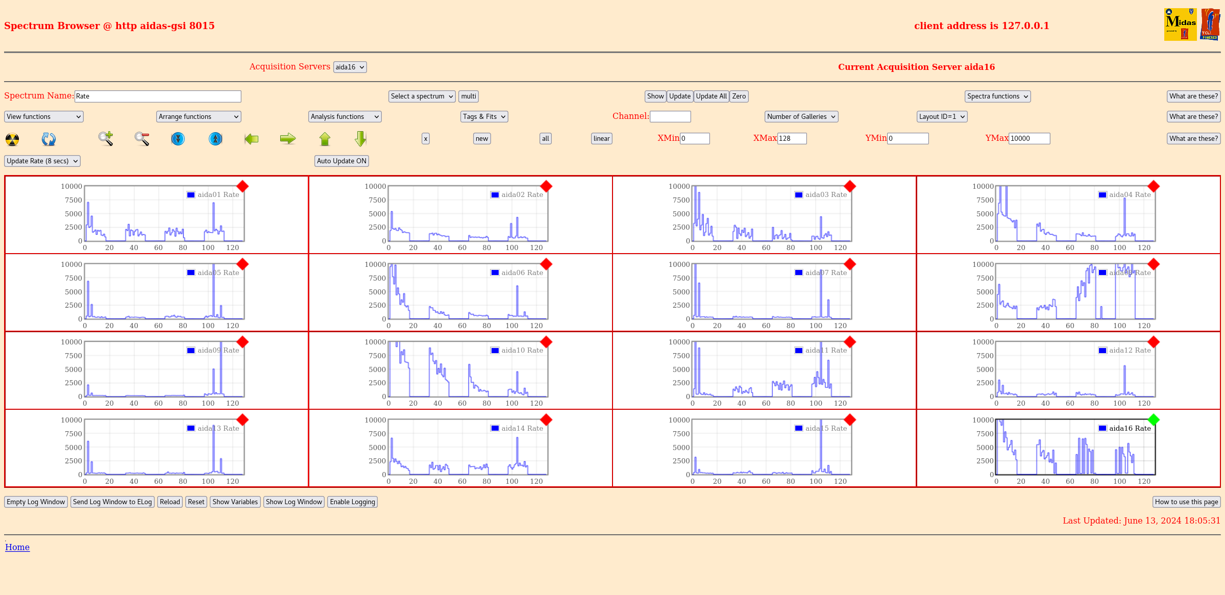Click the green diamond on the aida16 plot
(x=1153, y=420)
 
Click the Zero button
(x=739, y=96)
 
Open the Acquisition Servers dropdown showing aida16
(x=350, y=67)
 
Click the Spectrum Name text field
(x=158, y=96)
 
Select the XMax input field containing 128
(x=792, y=138)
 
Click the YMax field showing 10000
(x=1029, y=138)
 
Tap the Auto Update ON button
(x=341, y=161)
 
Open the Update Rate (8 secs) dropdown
(x=42, y=161)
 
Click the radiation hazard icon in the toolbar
(x=12, y=139)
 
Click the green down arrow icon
(x=360, y=139)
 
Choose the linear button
(x=601, y=139)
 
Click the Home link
(x=17, y=547)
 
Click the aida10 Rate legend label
(x=522, y=351)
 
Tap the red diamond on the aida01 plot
(x=242, y=186)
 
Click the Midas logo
(x=1180, y=24)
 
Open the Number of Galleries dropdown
(x=801, y=117)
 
